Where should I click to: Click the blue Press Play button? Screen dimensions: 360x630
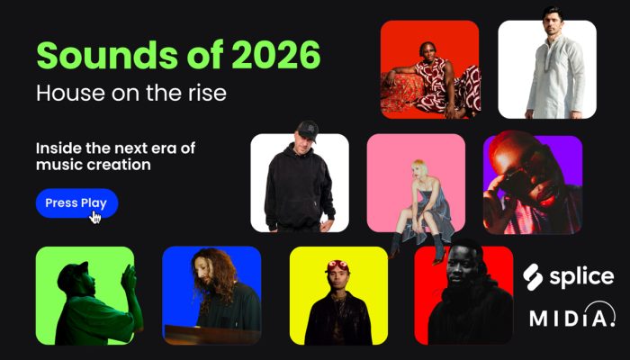tap(76, 202)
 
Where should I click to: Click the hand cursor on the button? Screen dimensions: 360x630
tap(94, 216)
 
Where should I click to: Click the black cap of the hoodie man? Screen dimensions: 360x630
tap(307, 128)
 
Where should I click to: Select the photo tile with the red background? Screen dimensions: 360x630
tap(429, 69)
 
